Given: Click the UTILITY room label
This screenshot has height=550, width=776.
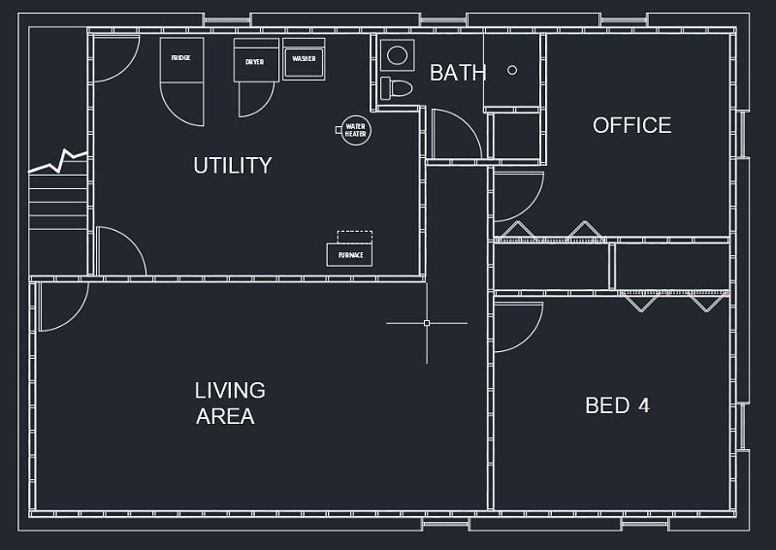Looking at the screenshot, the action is click(x=233, y=165).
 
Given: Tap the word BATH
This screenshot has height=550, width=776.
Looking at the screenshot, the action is click(x=458, y=73).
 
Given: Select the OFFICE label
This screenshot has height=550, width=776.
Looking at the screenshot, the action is click(x=632, y=125).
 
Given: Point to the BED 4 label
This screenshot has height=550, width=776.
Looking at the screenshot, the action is click(x=617, y=405).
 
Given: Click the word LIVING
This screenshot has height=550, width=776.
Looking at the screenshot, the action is click(x=230, y=391).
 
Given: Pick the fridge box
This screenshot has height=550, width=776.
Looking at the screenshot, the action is click(x=181, y=60).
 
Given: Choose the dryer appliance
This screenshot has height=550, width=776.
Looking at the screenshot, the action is click(x=256, y=60).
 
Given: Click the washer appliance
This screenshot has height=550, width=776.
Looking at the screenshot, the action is click(x=304, y=59).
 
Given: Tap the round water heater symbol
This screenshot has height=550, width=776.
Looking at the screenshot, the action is click(x=355, y=130).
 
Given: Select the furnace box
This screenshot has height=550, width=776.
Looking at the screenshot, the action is click(x=349, y=255).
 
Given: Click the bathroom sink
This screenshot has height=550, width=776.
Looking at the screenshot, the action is click(x=398, y=55).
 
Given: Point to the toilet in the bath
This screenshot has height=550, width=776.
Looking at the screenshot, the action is click(x=397, y=88).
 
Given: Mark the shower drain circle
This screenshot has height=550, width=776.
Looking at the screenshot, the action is click(x=512, y=70).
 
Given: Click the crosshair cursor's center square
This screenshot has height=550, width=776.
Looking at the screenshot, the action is click(x=427, y=323).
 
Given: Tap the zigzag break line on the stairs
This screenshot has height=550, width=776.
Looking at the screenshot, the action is click(x=58, y=161).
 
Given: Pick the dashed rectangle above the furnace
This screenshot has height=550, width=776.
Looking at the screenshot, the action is click(x=354, y=237).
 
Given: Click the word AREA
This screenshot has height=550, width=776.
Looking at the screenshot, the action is click(x=225, y=416).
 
